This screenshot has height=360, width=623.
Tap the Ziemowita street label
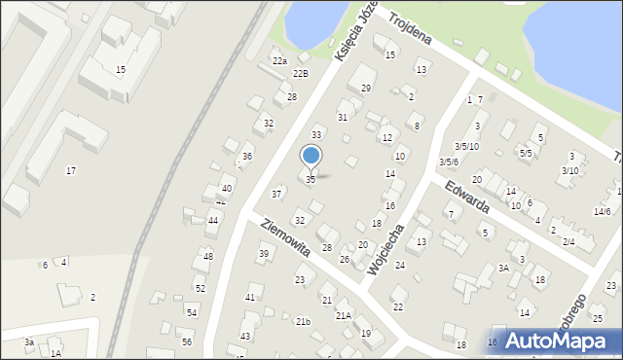(x=284, y=237)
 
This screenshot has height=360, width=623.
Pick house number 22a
(x=279, y=60)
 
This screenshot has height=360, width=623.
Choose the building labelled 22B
(x=301, y=73)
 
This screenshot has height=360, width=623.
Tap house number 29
(x=366, y=89)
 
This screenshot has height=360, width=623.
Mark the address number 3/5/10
(x=466, y=146)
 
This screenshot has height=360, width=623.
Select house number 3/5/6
(x=448, y=162)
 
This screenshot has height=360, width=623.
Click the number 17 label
(x=70, y=171)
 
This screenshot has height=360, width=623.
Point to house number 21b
(x=303, y=322)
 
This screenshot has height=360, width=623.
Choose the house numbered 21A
(x=344, y=316)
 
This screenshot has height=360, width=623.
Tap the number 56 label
(x=186, y=342)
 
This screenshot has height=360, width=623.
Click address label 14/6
(x=602, y=212)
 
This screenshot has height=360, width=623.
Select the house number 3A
(x=503, y=268)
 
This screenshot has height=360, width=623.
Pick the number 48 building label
(x=207, y=256)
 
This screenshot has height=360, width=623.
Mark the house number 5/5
(x=526, y=153)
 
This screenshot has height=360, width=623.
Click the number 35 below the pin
(x=311, y=180)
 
